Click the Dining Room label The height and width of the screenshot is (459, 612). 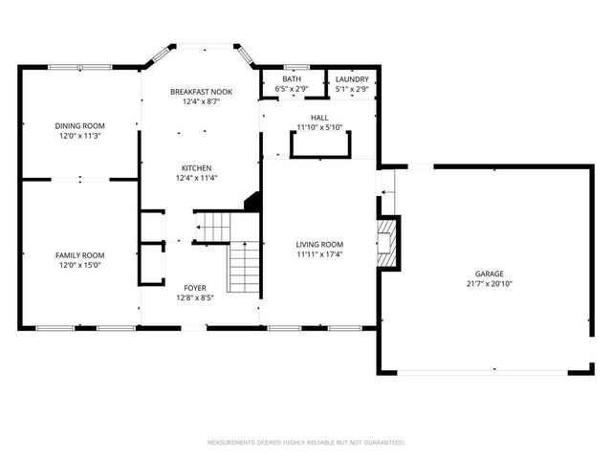pyautogui.click(x=79, y=125)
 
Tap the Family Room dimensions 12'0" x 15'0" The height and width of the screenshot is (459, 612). pyautogui.click(x=79, y=265)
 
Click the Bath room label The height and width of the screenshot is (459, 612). pyautogui.click(x=292, y=79)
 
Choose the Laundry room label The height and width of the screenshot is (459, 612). pyautogui.click(x=351, y=79)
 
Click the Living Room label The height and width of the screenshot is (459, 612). pyautogui.click(x=318, y=245)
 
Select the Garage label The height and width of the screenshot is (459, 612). pyautogui.click(x=485, y=273)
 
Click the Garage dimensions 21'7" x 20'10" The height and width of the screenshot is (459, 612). pyautogui.click(x=485, y=284)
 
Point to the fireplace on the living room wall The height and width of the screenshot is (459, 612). pyautogui.click(x=386, y=243)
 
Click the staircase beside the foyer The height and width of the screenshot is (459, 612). pyautogui.click(x=244, y=267)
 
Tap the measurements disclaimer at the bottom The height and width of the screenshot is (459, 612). pyautogui.click(x=306, y=443)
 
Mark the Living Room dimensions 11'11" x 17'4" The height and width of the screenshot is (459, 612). pyautogui.click(x=318, y=255)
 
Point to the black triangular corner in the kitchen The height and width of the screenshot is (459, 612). pyautogui.click(x=253, y=202)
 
